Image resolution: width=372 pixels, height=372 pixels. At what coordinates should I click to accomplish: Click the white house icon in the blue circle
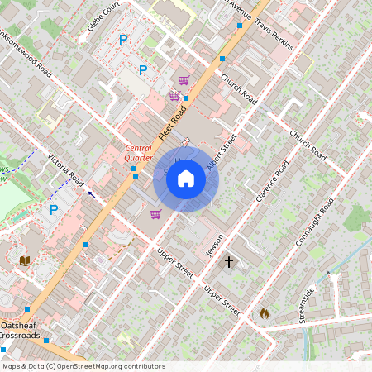tap(186, 179)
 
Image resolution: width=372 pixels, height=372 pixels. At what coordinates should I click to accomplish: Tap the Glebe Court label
tap(104, 16)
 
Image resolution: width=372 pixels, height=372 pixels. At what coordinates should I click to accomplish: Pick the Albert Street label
tap(222, 151)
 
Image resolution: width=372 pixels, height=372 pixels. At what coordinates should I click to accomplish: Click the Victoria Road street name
tap(66, 168)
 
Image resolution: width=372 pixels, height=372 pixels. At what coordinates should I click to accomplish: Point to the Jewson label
tap(216, 241)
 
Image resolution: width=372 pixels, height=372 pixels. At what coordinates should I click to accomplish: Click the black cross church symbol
tap(229, 261)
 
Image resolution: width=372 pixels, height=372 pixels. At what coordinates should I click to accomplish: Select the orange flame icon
tap(264, 313)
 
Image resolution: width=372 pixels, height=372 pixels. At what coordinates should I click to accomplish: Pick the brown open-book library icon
tap(26, 260)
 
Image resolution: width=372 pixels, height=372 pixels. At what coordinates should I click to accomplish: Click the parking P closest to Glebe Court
tap(123, 39)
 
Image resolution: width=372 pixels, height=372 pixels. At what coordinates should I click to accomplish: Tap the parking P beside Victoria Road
tap(54, 210)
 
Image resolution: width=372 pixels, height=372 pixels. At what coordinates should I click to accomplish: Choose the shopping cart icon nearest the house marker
tap(155, 214)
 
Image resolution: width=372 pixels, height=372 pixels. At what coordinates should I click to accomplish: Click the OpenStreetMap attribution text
tap(83, 366)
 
